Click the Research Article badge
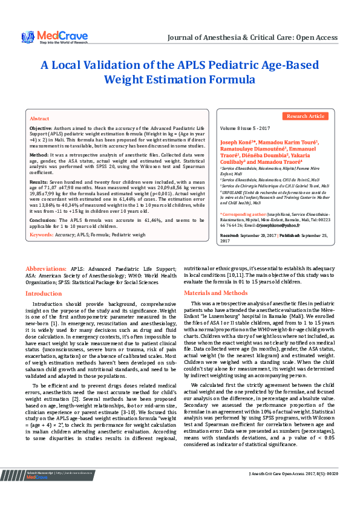pos(306,116)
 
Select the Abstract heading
pos(39,119)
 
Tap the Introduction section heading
pos(43,293)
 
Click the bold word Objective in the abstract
pos(41,129)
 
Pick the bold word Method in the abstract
pos(39,155)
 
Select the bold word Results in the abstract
pos(39,181)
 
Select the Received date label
pos(230,235)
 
